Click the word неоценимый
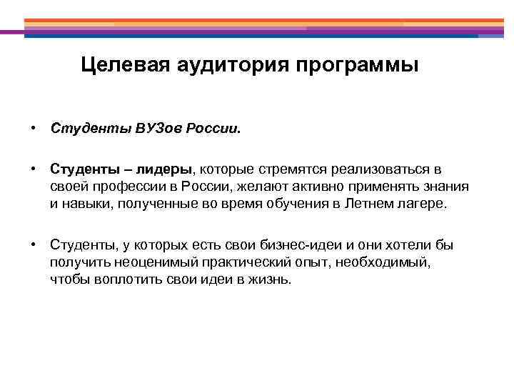(147, 262)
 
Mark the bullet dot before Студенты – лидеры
(34, 169)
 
